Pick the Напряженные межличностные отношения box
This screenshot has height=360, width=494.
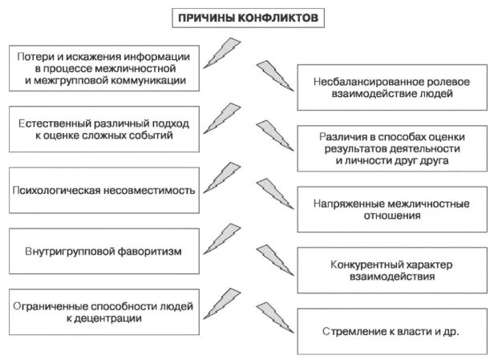tap(391, 209)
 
